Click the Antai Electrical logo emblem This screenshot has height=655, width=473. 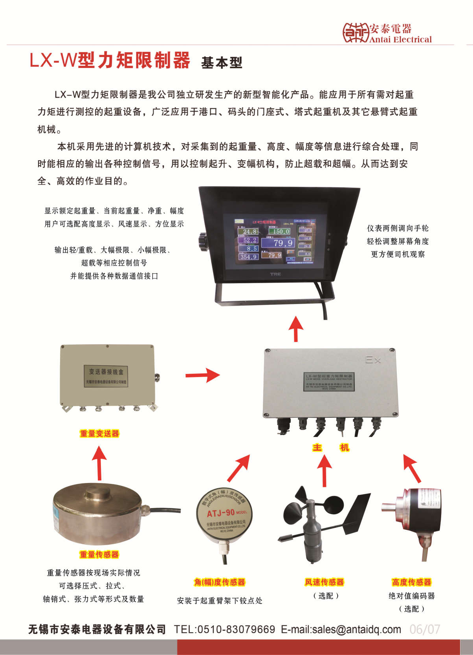pos(356,32)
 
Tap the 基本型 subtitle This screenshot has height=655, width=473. pos(222,62)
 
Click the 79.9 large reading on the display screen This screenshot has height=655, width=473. pos(282,243)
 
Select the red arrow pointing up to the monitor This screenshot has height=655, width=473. pos(296,329)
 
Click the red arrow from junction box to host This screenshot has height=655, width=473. pos(203,375)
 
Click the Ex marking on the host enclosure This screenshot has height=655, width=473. pos(373,360)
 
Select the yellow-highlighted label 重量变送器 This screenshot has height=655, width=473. pos(99,434)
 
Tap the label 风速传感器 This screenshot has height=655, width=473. pos(324,582)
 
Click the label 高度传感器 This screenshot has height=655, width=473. pos(411,582)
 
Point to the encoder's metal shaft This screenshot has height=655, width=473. pos(389,507)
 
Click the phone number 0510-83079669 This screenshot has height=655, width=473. pos(236,629)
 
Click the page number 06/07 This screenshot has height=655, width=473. pos(424,629)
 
